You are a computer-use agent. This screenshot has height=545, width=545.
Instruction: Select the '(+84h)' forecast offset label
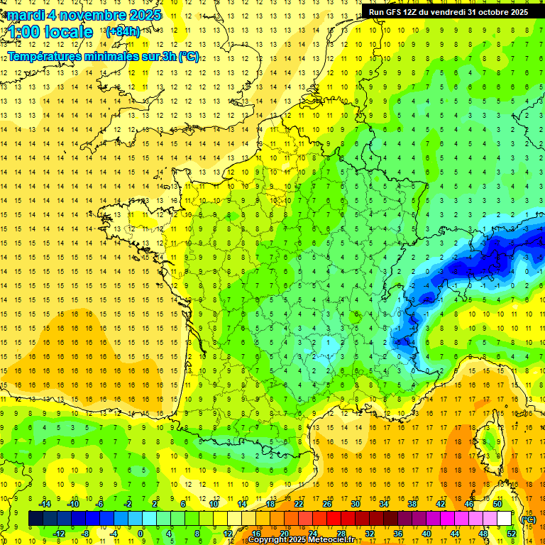click(123, 32)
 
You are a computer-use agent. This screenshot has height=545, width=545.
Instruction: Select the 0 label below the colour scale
click(141, 534)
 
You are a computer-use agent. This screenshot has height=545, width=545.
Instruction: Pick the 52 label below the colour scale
click(511, 534)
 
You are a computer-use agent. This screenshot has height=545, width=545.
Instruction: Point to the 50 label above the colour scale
click(497, 504)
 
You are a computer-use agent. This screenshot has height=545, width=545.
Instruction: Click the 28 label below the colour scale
click(341, 534)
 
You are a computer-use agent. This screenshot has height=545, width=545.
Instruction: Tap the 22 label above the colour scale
click(299, 504)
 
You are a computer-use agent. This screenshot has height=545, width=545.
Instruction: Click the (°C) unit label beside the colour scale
click(528, 519)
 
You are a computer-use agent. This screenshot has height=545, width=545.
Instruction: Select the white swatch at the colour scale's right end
click(505, 519)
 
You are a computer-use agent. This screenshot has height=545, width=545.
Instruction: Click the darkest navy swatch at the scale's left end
click(36, 519)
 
